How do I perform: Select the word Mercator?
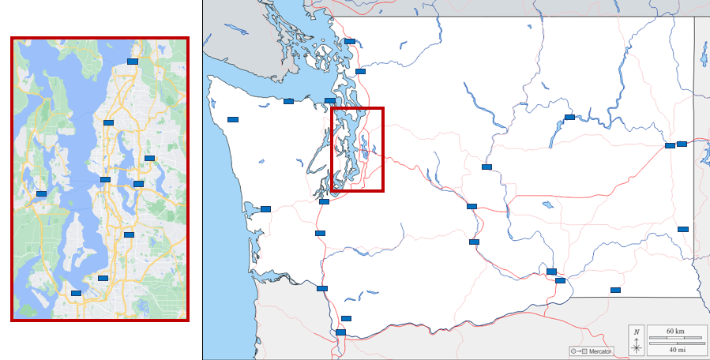coord(600,351)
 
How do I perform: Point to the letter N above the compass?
coord(637,332)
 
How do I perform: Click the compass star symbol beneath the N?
coord(637,347)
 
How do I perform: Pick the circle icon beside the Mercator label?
coord(574,351)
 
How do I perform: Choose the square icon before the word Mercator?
coord(584,351)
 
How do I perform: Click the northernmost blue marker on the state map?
coord(350,41)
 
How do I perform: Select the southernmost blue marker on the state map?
coord(340,332)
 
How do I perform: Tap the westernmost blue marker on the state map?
coord(233,119)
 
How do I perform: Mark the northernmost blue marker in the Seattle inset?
coord(133,61)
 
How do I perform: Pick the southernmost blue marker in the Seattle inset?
coord(76,293)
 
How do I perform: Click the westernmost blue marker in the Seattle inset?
coord(41,193)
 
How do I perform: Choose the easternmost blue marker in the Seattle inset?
coord(149,159)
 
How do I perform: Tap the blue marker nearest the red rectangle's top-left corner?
coord(330,100)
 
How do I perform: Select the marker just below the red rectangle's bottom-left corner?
coord(324,202)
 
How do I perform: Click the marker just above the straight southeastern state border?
coord(615,290)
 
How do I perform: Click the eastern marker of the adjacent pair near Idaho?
coord(682,144)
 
